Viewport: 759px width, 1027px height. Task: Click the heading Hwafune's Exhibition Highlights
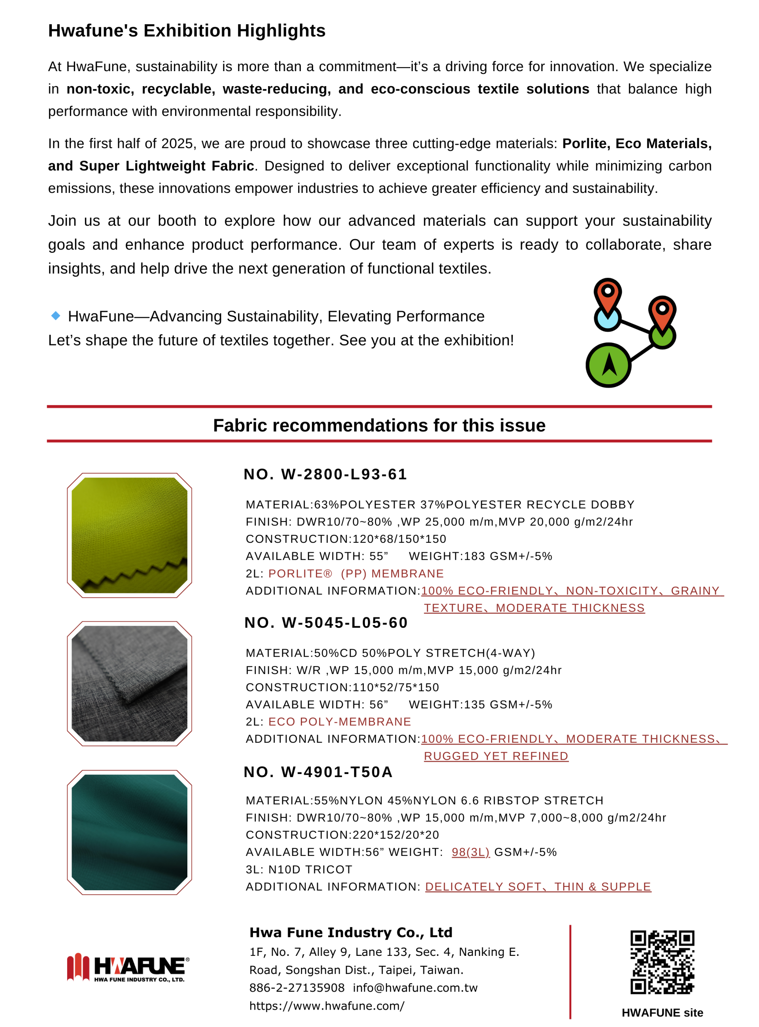click(187, 31)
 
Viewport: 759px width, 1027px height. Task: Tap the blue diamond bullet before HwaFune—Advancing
click(56, 315)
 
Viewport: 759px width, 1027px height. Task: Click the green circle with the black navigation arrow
click(608, 365)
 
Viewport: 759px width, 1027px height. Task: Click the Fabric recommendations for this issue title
click(379, 425)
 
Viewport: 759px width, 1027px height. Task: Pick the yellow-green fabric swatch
click(130, 535)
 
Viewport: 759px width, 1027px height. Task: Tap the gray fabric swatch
click(130, 683)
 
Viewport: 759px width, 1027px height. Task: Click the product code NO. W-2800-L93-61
click(325, 474)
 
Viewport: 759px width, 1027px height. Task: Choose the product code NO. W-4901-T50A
click(318, 772)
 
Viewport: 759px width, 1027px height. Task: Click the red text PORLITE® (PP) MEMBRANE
click(356, 574)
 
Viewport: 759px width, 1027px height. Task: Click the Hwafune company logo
click(128, 968)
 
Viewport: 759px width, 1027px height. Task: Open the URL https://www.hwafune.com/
click(327, 1006)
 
